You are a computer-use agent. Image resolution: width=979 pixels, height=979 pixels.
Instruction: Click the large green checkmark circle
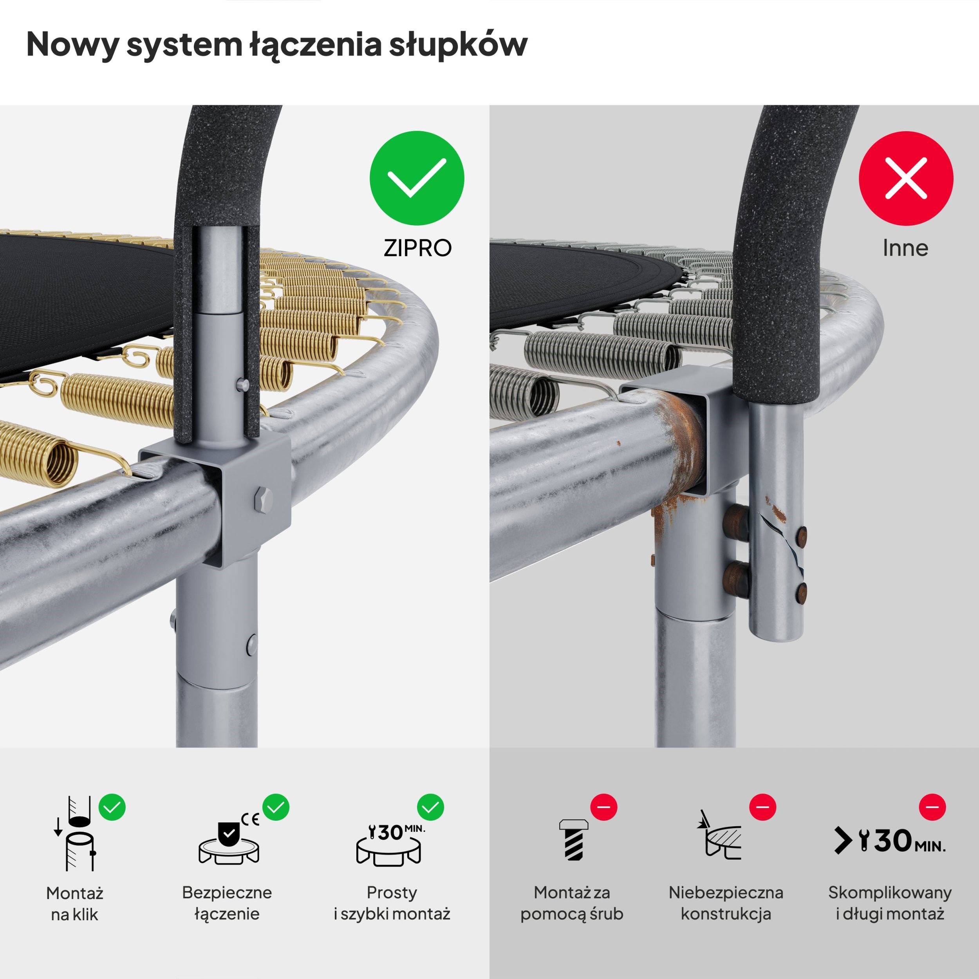click(x=417, y=178)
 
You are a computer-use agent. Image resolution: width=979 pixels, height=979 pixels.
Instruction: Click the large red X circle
click(x=906, y=178)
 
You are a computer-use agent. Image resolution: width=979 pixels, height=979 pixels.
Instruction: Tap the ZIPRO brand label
click(x=417, y=248)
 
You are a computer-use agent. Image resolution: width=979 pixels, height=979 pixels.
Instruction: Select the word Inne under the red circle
click(x=905, y=248)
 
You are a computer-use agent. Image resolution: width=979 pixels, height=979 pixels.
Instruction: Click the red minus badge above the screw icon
click(x=603, y=806)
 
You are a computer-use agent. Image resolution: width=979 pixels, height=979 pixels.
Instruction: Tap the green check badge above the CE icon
click(x=276, y=807)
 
